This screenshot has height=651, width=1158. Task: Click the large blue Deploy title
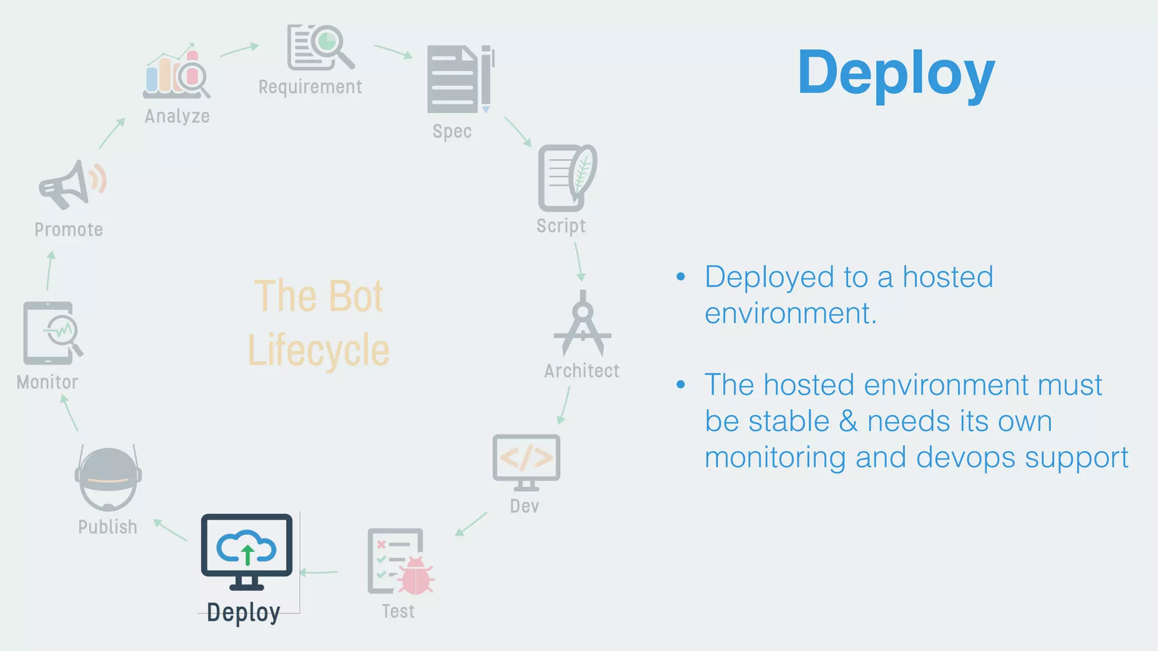[896, 73]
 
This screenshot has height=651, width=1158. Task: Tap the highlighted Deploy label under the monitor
[243, 613]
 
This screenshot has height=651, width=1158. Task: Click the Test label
[398, 611]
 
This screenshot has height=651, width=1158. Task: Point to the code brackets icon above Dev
[526, 458]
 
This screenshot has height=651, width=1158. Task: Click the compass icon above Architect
[582, 324]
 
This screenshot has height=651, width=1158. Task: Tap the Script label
[560, 226]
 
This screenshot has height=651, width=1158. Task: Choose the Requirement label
[310, 87]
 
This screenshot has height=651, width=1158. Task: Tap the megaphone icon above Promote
[71, 184]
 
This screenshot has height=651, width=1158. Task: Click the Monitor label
[47, 383]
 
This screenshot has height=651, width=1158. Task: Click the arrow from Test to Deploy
[319, 572]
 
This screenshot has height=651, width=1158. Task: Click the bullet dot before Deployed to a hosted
[681, 277]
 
